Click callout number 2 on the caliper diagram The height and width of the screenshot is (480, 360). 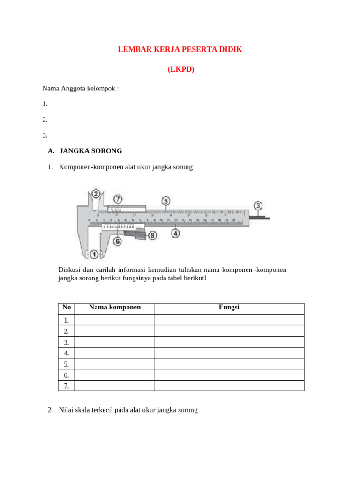96,194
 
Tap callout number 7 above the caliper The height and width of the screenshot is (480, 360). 118,199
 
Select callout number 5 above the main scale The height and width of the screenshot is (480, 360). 165,201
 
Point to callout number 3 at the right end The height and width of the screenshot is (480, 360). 258,206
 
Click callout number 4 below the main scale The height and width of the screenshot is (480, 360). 175,232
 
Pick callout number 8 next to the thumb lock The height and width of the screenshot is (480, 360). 152,235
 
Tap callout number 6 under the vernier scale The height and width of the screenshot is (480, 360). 117,241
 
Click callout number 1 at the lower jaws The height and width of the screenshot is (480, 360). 94,254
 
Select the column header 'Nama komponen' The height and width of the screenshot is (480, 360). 115,307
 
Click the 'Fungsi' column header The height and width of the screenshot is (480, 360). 229,307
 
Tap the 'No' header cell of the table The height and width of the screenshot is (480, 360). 67,307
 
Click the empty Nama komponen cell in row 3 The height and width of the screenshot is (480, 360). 114,342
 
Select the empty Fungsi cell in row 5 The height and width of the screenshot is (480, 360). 229,364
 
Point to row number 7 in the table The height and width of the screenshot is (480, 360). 67,386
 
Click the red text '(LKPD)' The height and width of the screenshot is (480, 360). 180,69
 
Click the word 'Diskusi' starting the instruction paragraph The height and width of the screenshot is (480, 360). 69,270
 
